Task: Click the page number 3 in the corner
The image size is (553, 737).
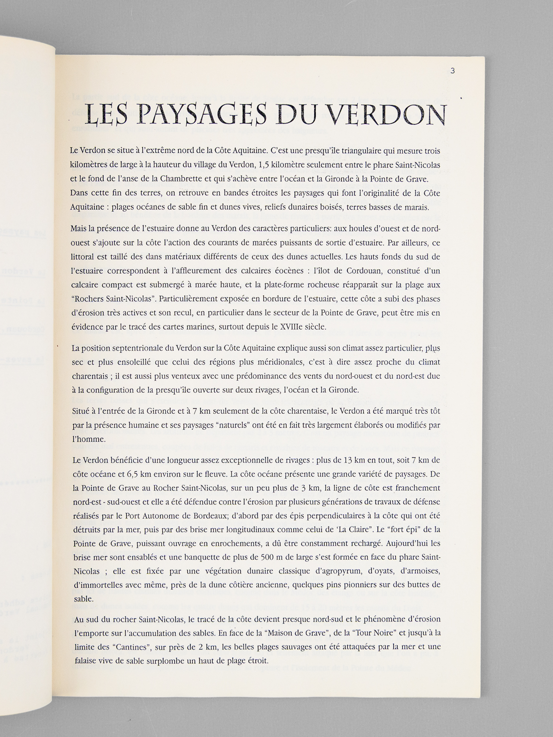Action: (453, 70)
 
